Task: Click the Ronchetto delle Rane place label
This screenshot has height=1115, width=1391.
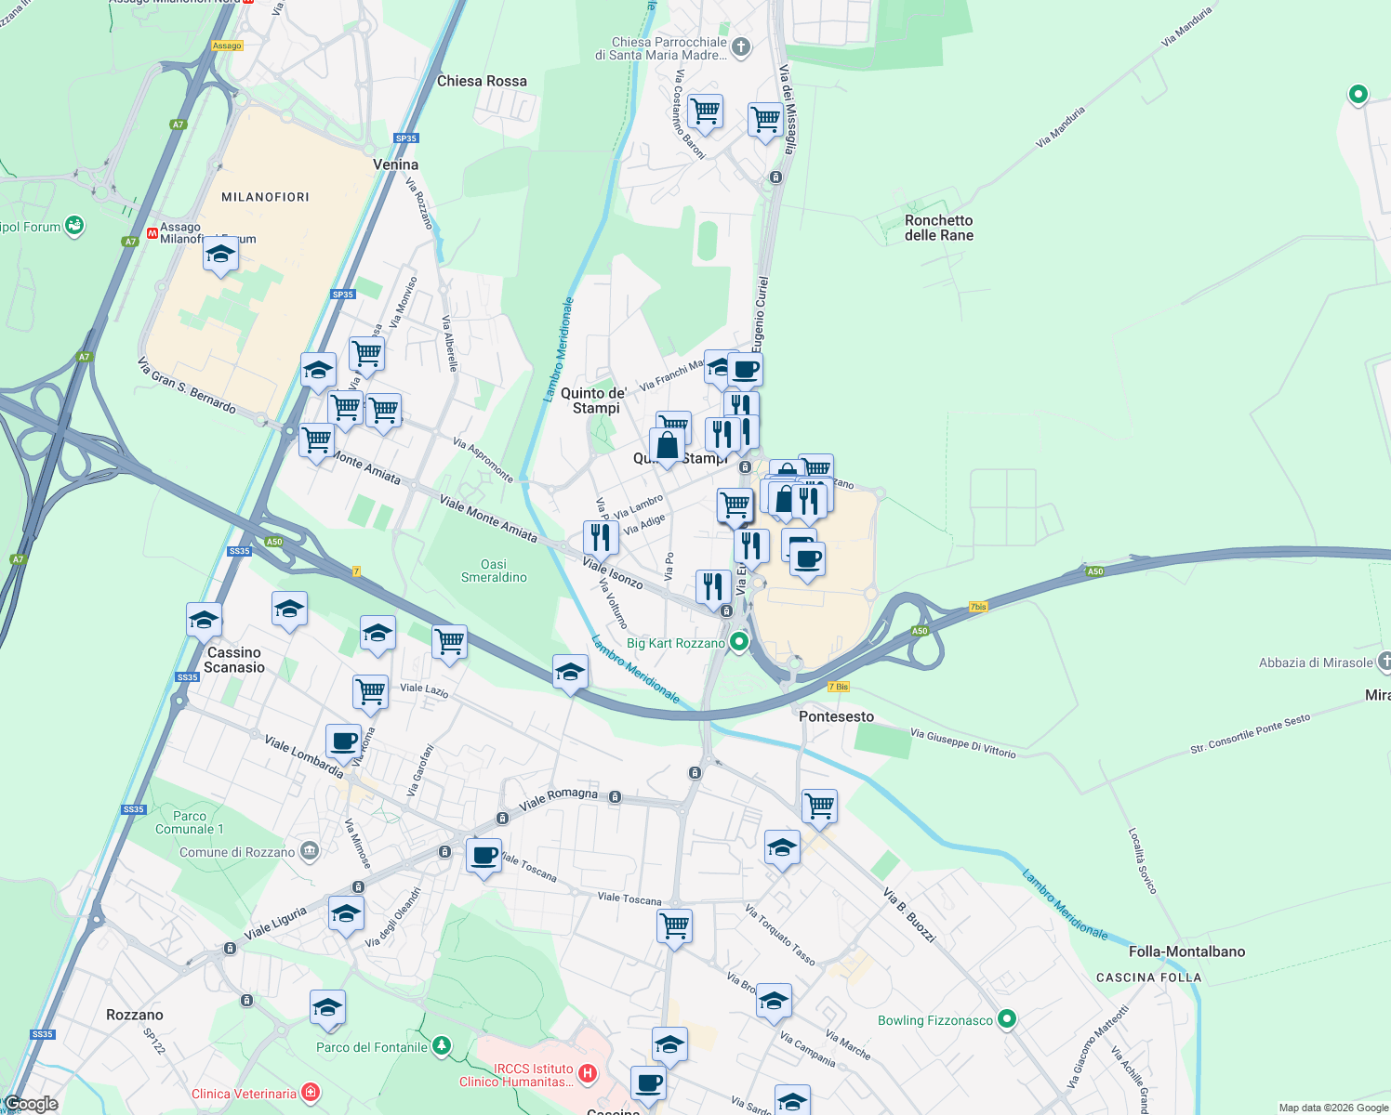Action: tap(938, 228)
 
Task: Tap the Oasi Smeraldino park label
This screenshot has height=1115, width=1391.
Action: tap(494, 571)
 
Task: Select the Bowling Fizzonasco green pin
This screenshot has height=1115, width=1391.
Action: tap(1006, 1020)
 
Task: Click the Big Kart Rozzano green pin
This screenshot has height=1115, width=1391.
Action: tap(739, 642)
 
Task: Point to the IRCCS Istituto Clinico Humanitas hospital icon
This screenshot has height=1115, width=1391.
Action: tap(588, 1074)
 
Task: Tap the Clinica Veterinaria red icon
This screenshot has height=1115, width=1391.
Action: tap(311, 1093)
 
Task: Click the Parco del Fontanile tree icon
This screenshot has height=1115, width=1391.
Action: tap(442, 1047)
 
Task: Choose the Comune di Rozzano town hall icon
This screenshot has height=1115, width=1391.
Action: tap(310, 851)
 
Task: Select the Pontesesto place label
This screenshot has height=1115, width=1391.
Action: tap(836, 716)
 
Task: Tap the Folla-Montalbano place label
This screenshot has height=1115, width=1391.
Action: tap(1186, 951)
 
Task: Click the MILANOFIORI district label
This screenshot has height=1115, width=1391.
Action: tap(265, 197)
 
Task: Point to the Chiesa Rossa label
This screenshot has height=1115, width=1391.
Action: tap(482, 81)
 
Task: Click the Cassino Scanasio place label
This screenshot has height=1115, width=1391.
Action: tap(234, 660)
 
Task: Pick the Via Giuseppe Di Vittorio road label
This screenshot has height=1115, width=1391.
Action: tap(962, 743)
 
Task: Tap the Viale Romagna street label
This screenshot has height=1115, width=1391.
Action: tap(558, 799)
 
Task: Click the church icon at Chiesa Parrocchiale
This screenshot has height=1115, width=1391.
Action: tap(741, 47)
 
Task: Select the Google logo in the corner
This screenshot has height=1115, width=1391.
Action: tap(31, 1104)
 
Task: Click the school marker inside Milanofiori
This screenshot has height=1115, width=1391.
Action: tap(220, 255)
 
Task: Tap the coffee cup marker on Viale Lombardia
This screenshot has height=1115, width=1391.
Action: tap(343, 742)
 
